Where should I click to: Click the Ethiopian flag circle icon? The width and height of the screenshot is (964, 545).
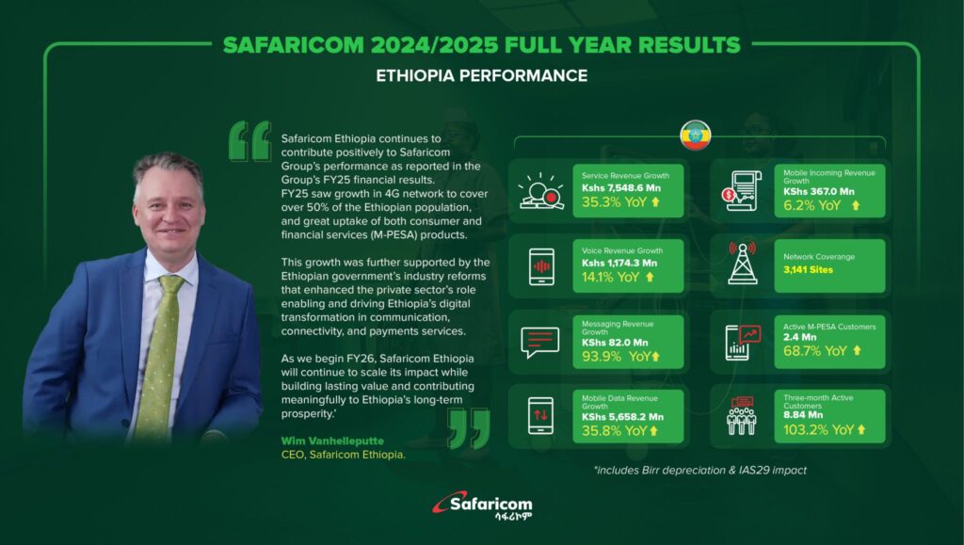pos(696,136)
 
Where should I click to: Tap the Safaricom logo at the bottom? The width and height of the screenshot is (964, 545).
pos(483,506)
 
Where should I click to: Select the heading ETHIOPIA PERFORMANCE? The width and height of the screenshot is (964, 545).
pos(481,75)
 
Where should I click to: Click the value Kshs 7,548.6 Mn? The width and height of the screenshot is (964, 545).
pos(621,188)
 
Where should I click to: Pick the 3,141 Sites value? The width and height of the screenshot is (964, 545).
pos(808,270)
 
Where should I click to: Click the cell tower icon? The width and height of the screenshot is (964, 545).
pos(742,263)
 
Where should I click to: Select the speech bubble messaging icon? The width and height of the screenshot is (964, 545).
pos(539,343)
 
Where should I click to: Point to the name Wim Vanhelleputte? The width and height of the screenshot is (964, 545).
pos(332,441)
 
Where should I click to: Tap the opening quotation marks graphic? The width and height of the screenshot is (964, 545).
pos(249,141)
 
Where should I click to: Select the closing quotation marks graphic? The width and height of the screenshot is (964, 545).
pos(469,429)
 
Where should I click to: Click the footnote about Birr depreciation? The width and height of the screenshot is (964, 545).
pos(700,470)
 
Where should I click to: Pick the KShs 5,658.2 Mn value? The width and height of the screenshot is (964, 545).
pos(623,417)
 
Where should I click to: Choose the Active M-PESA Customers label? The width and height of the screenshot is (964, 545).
pos(829,327)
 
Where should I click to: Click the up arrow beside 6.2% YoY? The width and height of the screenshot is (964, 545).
pos(855,206)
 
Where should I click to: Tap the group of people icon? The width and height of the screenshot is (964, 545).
pos(742,415)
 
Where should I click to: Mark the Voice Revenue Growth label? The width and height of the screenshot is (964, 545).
pos(622,250)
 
